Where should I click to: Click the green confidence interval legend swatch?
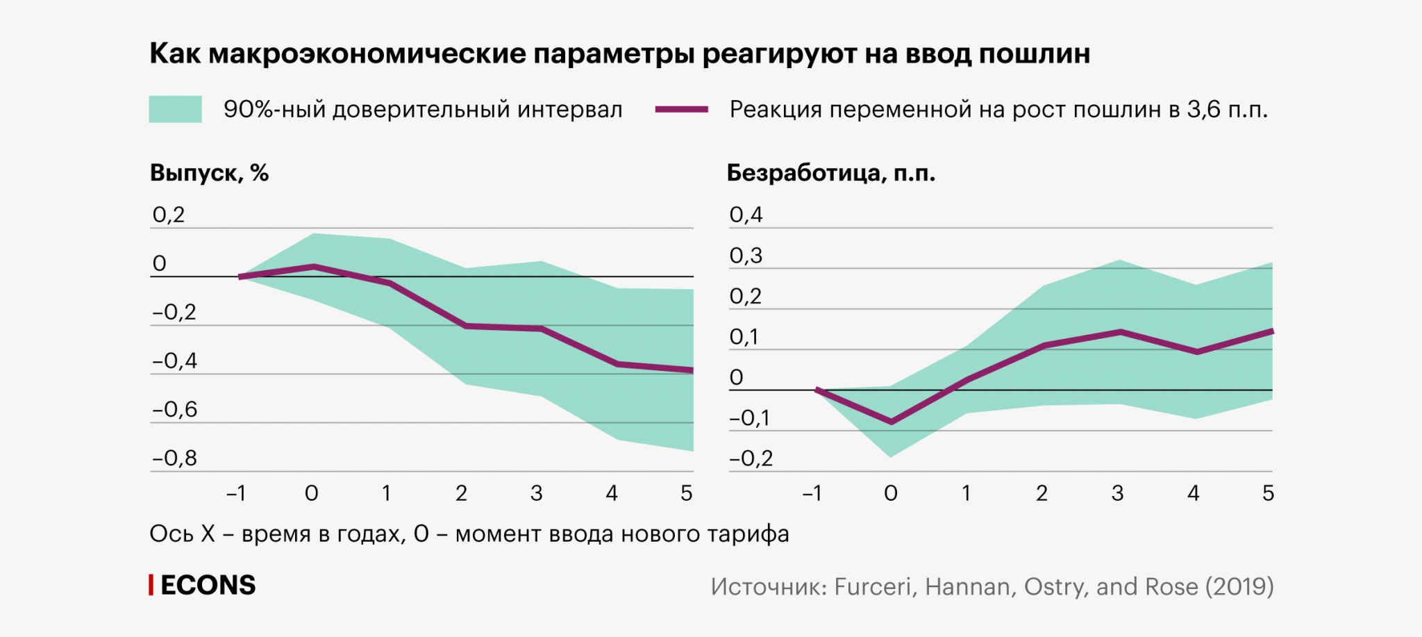click(x=175, y=109)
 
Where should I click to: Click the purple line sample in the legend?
click(x=681, y=109)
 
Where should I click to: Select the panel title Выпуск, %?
click(x=209, y=173)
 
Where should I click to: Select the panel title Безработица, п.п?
click(x=830, y=173)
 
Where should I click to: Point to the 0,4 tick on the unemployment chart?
click(x=746, y=215)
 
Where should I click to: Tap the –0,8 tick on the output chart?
click(x=174, y=458)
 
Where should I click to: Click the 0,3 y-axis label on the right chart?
click(x=746, y=256)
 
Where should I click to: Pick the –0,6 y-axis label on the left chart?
click(x=174, y=410)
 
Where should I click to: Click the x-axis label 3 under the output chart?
click(x=536, y=493)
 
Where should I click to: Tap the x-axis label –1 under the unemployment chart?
click(x=812, y=493)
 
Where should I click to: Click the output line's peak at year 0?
click(x=314, y=266)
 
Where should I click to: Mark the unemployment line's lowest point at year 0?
click(x=892, y=422)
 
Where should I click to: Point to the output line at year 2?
click(x=465, y=326)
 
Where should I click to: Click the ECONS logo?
click(x=203, y=586)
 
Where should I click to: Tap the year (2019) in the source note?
click(x=1239, y=587)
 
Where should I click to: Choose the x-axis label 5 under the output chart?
click(x=687, y=493)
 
